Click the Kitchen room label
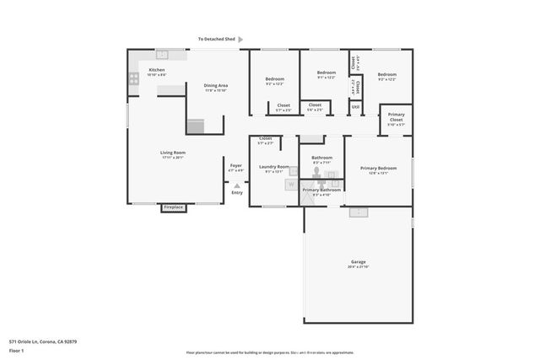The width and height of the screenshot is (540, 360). coord(157,70)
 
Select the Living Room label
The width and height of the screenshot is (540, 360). coord(172,153)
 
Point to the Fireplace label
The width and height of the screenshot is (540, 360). coord(174,207)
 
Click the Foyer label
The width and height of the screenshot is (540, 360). coord(236,166)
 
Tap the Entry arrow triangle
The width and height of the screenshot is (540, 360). coord(237,185)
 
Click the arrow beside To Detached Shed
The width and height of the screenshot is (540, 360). coord(240,39)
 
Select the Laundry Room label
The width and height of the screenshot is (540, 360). coord(274,166)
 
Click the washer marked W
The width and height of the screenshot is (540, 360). coord(290,183)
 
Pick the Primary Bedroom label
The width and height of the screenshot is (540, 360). coord(379,168)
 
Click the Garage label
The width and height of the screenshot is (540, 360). coord(358,262)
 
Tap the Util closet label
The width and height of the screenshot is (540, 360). coord(356,106)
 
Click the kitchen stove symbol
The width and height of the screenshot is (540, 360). coord(134,79)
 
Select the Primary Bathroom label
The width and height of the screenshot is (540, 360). coord(322,190)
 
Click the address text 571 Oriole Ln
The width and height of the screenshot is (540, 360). coord(42,341)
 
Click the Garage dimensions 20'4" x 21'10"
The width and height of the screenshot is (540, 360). coord(358,267)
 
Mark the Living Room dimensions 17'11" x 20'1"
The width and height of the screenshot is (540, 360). coord(172,158)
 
